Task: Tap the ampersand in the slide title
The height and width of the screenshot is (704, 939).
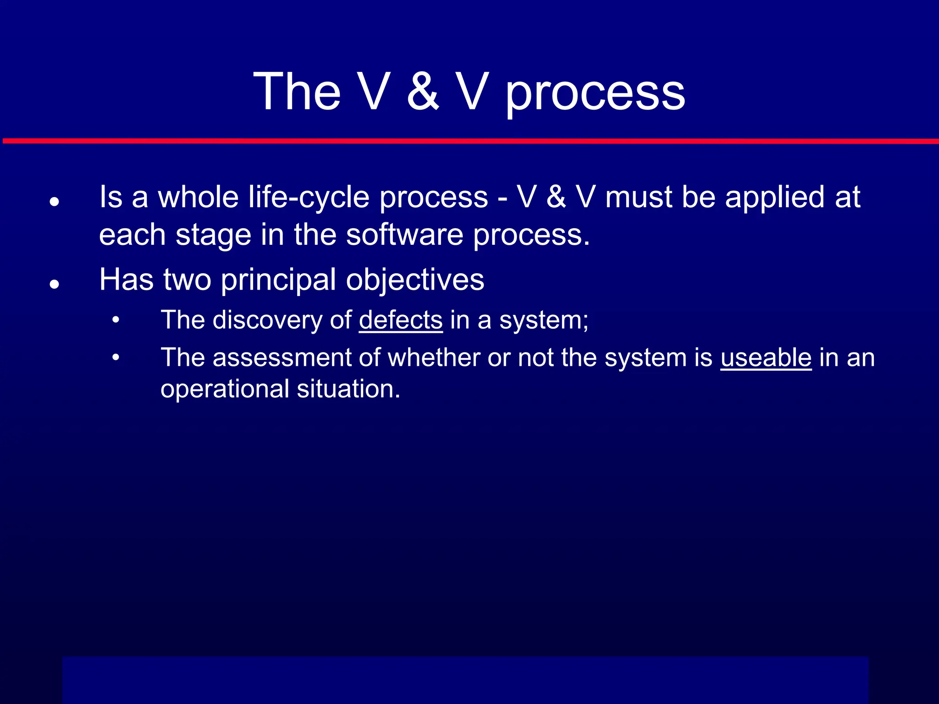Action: click(423, 92)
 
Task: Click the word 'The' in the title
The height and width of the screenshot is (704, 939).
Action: click(297, 92)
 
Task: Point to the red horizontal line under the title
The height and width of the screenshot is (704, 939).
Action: click(469, 141)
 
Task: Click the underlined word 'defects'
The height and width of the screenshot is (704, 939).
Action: click(401, 320)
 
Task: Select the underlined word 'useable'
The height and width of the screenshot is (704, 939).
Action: click(766, 357)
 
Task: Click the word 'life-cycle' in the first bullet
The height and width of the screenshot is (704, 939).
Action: click(309, 198)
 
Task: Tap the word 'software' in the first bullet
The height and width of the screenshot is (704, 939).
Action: click(404, 235)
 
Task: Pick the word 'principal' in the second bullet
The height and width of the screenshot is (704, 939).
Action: click(278, 280)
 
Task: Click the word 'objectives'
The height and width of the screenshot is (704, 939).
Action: click(415, 280)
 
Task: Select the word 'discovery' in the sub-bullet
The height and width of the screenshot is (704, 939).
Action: click(267, 320)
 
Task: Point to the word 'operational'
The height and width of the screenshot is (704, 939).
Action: click(224, 389)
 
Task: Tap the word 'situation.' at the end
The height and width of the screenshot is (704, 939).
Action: click(348, 389)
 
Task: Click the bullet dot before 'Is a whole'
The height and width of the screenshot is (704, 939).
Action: click(55, 201)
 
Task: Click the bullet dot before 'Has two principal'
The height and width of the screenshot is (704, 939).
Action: click(55, 284)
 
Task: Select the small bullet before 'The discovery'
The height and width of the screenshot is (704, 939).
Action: click(116, 320)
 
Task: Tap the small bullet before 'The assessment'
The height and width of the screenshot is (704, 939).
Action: click(116, 357)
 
